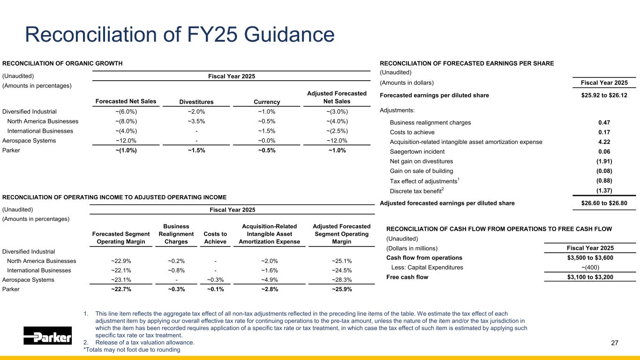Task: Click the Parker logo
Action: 47,336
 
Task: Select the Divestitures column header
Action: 196,102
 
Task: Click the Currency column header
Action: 266,102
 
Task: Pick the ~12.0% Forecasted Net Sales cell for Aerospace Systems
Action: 126,141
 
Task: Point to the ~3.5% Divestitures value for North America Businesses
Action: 196,121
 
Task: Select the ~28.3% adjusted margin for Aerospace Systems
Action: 341,280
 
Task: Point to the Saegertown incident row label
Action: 417,151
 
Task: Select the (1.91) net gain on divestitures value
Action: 604,161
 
